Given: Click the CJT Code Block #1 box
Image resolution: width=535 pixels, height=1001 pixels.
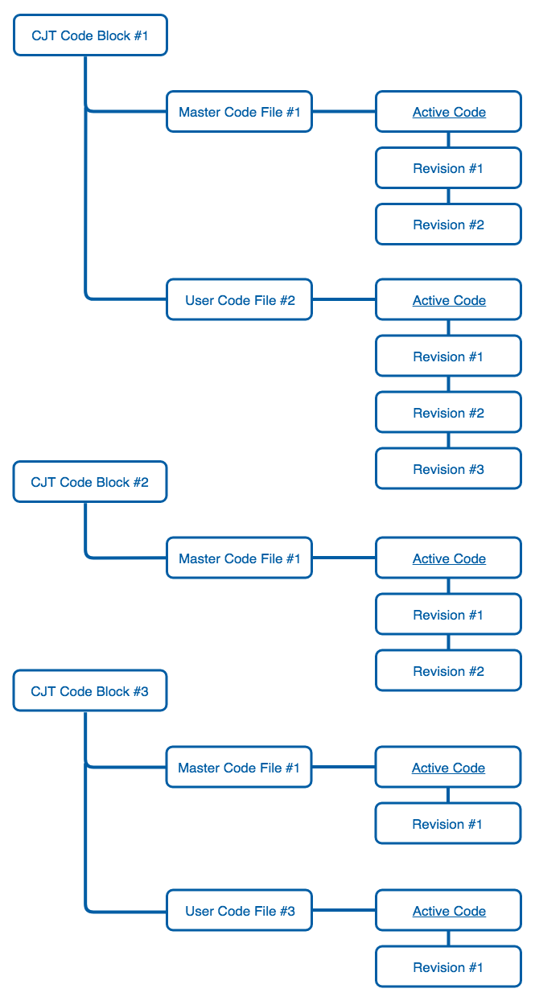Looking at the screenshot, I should [90, 35].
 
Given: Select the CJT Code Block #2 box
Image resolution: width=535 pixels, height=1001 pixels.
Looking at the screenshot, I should [90, 482].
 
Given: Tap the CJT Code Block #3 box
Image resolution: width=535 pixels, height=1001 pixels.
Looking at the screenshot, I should [90, 691].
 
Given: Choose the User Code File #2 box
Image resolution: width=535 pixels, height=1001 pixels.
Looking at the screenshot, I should [239, 300].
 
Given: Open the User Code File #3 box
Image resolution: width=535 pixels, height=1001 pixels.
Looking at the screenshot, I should [239, 911].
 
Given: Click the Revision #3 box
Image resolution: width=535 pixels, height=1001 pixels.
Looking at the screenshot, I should [448, 469].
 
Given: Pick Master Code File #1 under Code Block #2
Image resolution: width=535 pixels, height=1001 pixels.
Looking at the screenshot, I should [239, 558].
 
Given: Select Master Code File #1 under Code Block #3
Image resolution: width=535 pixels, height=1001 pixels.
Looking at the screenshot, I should [239, 768].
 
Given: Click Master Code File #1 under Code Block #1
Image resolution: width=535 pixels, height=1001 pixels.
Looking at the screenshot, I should [239, 112].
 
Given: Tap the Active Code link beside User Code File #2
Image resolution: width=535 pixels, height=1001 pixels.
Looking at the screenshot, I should [449, 300].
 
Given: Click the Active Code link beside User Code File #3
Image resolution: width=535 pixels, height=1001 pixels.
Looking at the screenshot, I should [449, 911].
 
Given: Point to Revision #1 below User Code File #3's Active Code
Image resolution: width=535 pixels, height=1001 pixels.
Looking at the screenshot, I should [448, 967].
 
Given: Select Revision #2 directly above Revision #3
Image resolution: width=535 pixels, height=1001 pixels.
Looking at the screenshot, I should [448, 413].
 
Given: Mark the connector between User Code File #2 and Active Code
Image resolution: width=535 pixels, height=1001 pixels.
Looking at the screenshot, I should [344, 300].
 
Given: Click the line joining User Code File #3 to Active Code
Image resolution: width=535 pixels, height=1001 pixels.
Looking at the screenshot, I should [344, 911].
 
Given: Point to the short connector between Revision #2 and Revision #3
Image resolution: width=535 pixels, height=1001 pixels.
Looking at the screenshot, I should [449, 441].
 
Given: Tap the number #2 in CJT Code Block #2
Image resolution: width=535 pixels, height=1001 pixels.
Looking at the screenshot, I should [140, 482].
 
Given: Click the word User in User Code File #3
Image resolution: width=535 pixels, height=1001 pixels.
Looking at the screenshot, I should [199, 911].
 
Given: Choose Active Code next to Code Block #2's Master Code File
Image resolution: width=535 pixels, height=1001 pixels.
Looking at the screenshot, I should [449, 558].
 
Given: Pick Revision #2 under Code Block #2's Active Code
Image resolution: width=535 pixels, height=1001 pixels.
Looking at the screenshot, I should [448, 671].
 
